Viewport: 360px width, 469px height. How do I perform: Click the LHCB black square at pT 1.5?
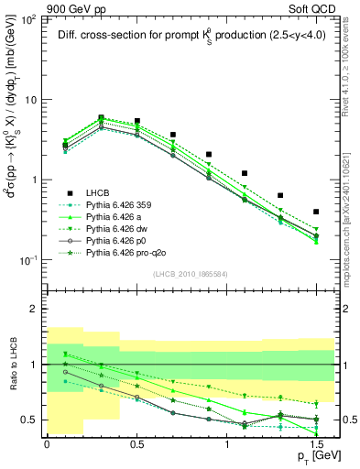pyautogui.click(x=316, y=212)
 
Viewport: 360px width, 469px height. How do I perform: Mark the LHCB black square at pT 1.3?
pyautogui.click(x=280, y=195)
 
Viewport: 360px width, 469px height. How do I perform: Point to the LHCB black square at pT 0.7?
pyautogui.click(x=172, y=135)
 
